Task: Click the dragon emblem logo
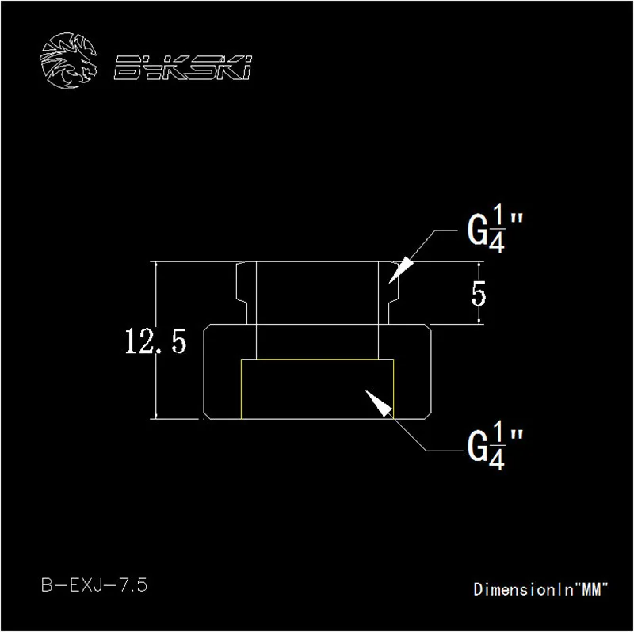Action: click(x=69, y=61)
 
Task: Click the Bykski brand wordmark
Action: click(x=183, y=67)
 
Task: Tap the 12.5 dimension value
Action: click(x=155, y=341)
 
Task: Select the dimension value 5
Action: click(x=479, y=294)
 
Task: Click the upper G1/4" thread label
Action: click(x=495, y=234)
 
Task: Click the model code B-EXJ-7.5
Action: click(x=94, y=584)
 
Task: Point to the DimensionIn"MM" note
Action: click(x=540, y=589)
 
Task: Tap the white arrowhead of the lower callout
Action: click(x=380, y=403)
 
